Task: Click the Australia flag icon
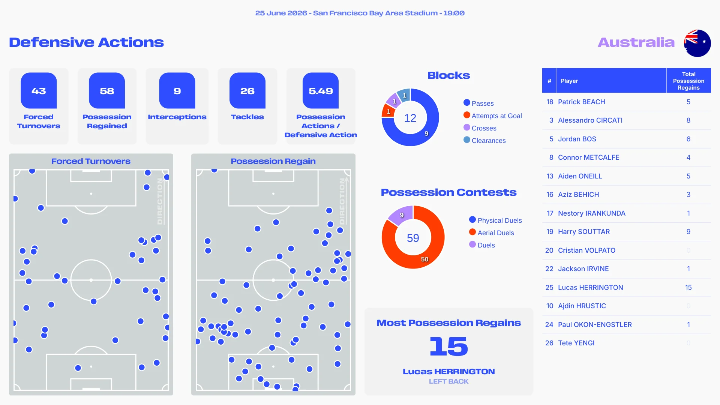(697, 43)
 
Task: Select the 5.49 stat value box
(321, 90)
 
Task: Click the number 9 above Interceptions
(177, 91)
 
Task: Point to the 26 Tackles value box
(247, 90)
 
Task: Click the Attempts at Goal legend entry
(493, 115)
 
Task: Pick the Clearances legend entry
(484, 140)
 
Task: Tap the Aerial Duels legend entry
(492, 232)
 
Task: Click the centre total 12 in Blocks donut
(410, 118)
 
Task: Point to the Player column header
(569, 81)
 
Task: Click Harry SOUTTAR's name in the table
(584, 232)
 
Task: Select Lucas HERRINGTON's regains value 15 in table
(688, 288)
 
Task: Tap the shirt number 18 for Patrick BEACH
(550, 102)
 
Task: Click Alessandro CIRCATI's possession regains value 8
(688, 120)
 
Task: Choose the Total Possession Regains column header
(688, 81)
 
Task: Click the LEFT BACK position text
(448, 381)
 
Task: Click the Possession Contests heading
(448, 192)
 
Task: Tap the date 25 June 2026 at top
(281, 13)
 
